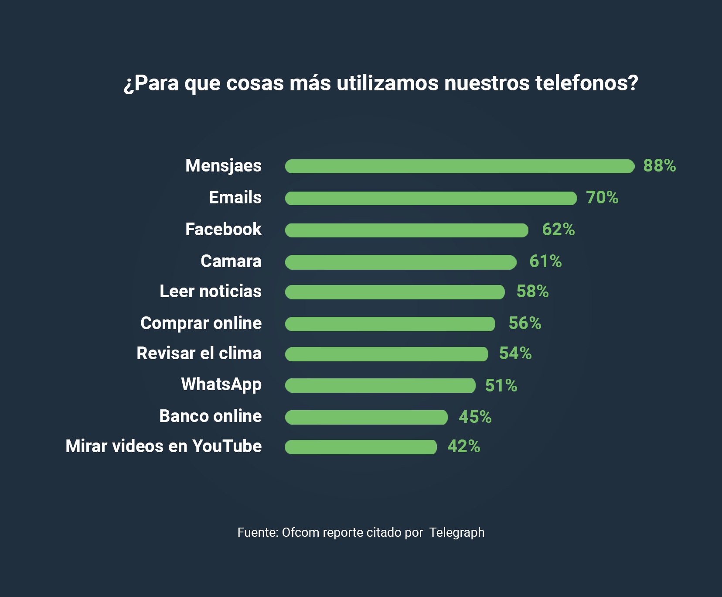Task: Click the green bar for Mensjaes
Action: point(460,166)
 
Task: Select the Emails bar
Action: point(431,198)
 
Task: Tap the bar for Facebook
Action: point(406,230)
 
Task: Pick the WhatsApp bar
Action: point(380,385)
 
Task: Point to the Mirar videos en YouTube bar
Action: point(361,447)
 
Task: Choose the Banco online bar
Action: point(366,417)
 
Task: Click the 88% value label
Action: point(659,166)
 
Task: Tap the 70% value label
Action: point(602,198)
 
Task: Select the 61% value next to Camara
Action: point(545,261)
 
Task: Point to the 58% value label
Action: point(532,292)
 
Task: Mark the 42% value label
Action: point(464,446)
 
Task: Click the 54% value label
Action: point(515,353)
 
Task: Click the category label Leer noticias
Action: point(211,292)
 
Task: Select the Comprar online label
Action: point(201,323)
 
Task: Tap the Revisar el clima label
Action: point(199,353)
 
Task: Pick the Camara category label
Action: point(231,261)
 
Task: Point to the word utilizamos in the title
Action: point(388,83)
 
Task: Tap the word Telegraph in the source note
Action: point(456,532)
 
